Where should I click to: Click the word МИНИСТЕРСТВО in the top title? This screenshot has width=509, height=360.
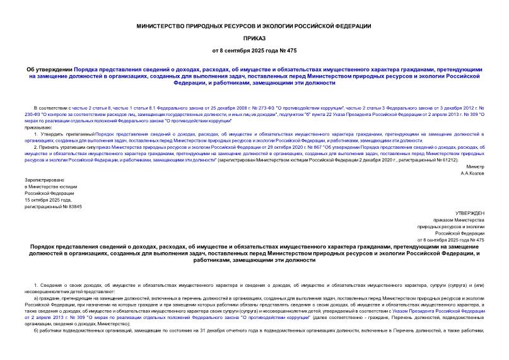coord(167,25)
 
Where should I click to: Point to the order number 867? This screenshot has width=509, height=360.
coord(309,146)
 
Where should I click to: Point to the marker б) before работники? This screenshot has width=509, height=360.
coord(37,330)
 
